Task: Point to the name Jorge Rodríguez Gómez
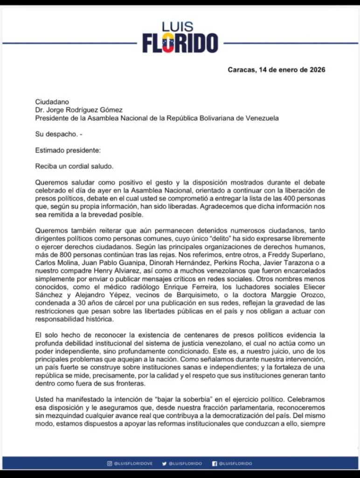(85, 110)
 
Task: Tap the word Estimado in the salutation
(50, 150)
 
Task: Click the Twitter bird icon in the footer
(164, 464)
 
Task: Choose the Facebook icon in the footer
(215, 464)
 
